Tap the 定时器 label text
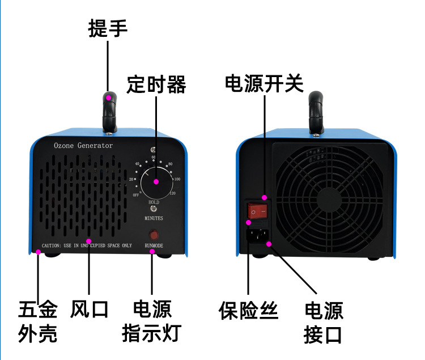click(156, 84)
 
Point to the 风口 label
click(89, 310)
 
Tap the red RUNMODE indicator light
click(154, 235)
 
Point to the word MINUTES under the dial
click(154, 218)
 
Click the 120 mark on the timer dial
click(172, 193)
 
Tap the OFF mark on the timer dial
click(136, 194)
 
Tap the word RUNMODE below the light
click(154, 245)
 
